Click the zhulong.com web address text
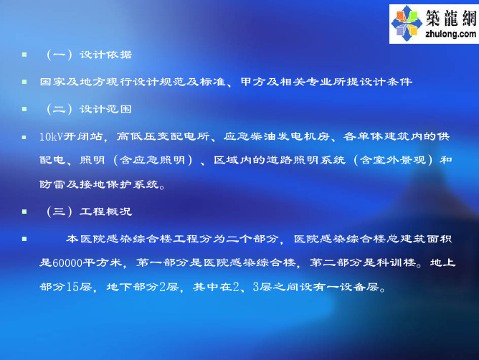pos(450,34)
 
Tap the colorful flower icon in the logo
pos(407,23)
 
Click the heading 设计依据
pos(105,55)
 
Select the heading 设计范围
pos(105,109)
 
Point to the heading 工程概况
pos(105,212)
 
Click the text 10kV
pos(52,136)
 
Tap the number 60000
pos(67,262)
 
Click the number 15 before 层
pos(72,287)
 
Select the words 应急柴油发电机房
pos(277,136)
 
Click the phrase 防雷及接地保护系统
pos(99,184)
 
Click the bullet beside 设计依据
pos(24,55)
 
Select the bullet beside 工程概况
pos(24,212)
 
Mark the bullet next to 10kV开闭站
pos(24,137)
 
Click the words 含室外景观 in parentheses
pos(393,160)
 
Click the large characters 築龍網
pos(451,17)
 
